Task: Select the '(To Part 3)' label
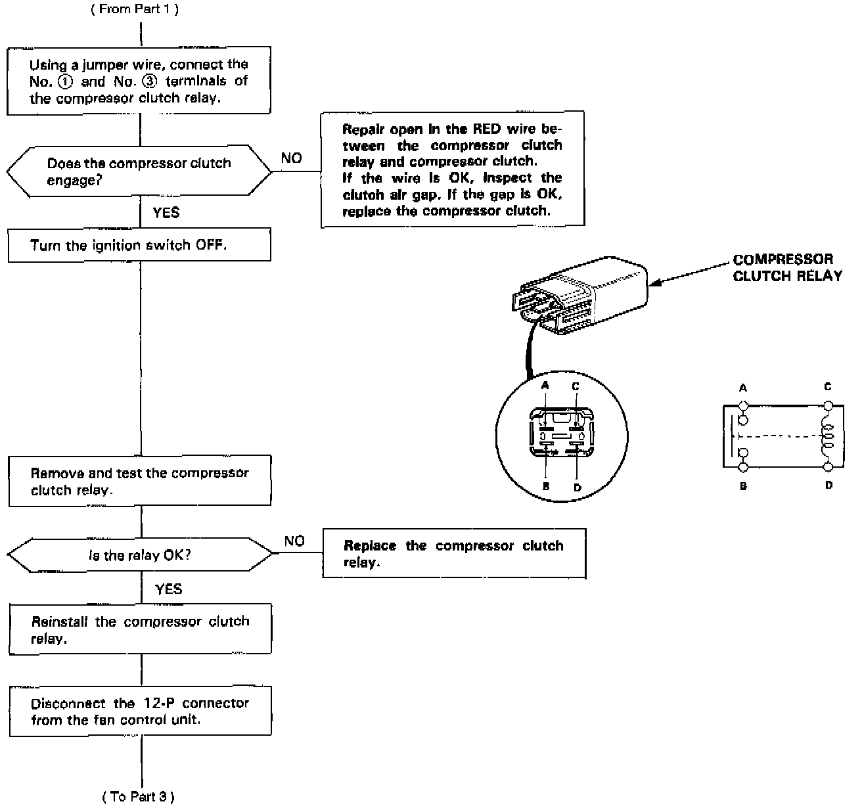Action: pos(139,796)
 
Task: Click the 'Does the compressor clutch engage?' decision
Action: pos(139,171)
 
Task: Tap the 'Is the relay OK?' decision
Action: pos(139,555)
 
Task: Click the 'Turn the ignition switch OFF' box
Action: pos(139,245)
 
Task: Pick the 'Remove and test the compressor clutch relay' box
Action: pos(139,482)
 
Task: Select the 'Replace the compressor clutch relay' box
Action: pos(453,554)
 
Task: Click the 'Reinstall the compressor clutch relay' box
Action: pos(139,629)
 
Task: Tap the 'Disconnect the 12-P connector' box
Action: pos(139,711)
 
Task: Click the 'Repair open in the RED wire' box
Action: pos(452,169)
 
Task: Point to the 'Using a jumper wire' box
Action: pos(139,81)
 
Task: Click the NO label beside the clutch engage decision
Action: pos(291,158)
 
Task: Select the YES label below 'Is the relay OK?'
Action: pos(169,589)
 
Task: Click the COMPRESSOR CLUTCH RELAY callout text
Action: pos(786,267)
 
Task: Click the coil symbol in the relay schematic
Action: pos(826,437)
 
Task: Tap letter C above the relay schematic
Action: pos(828,387)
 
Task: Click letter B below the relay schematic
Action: pos(743,486)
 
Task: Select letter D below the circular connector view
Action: pos(577,487)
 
